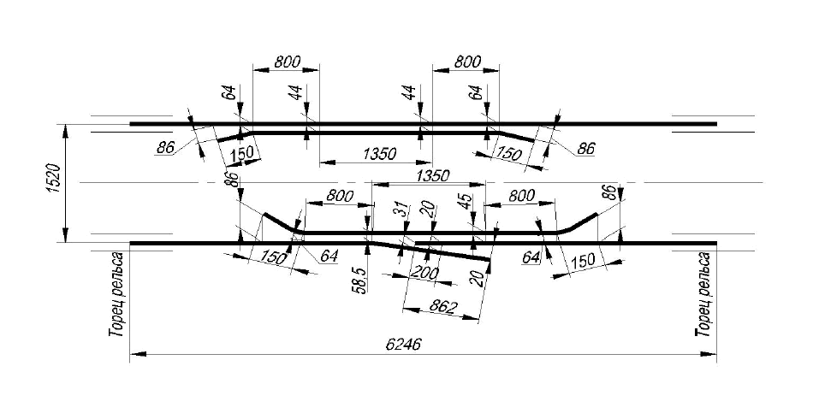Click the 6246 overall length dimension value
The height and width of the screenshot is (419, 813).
pos(403,345)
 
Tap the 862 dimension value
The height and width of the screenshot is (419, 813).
pos(444,307)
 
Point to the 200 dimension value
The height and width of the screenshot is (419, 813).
pos(425,273)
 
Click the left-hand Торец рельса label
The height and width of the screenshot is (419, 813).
pos(116,293)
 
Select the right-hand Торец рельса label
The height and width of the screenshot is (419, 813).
pos(703,293)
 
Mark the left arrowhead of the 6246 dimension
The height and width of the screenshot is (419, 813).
pos(136,354)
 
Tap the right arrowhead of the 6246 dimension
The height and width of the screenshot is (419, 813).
pos(709,354)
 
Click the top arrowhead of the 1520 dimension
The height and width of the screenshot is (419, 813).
pos(66,131)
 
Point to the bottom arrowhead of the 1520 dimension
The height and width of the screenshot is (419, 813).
pos(66,236)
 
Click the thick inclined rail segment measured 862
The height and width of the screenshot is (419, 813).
pos(430,250)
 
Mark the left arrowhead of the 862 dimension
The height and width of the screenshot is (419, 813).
pos(410,310)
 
